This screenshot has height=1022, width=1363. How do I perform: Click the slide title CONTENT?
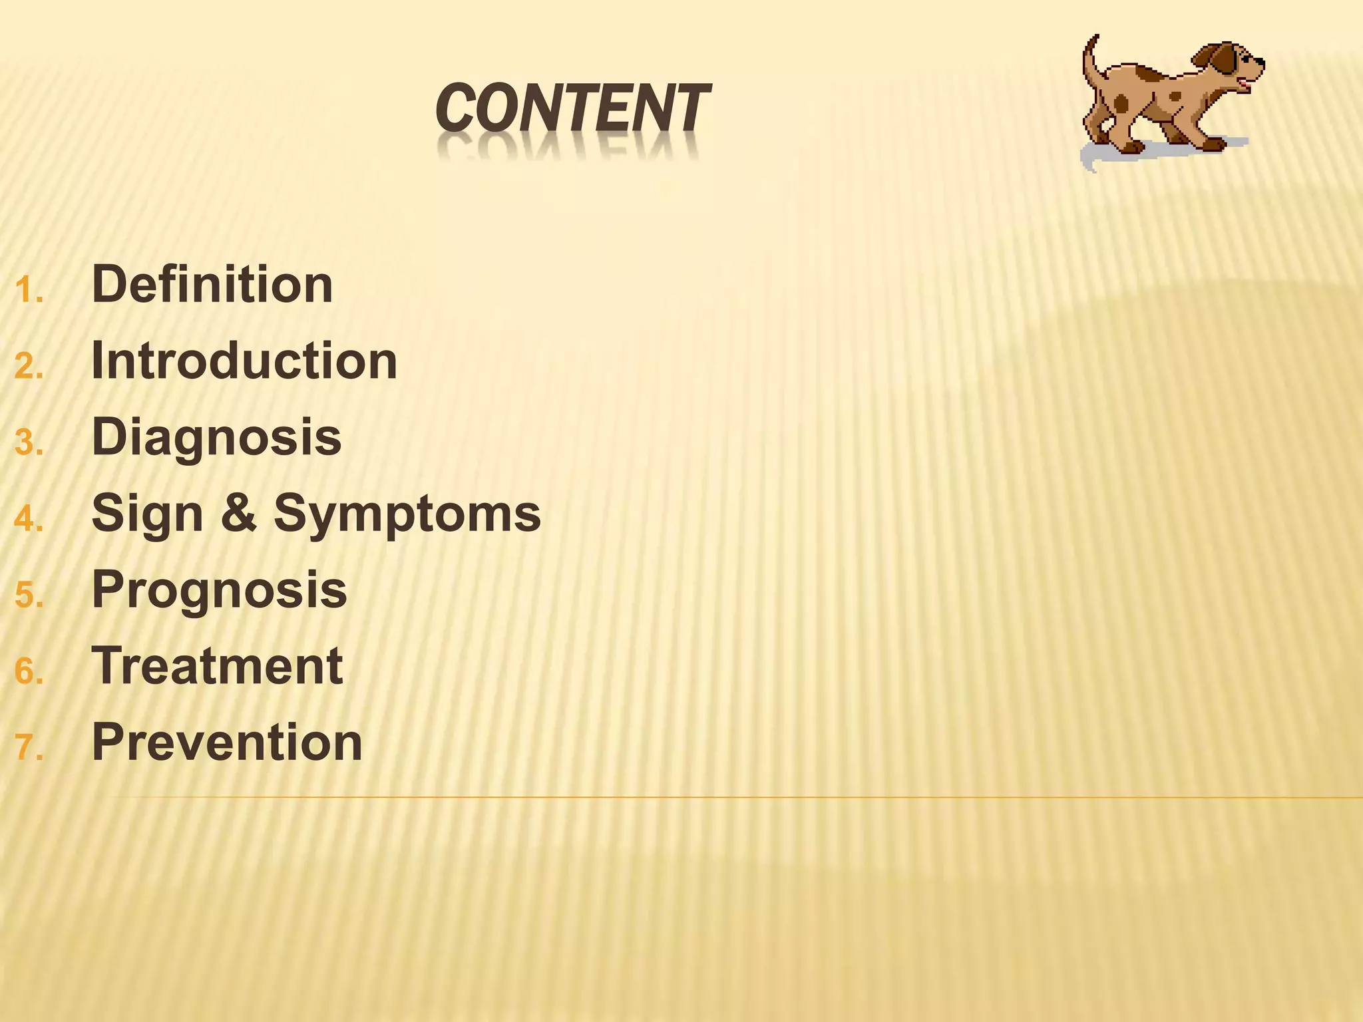[x=572, y=108]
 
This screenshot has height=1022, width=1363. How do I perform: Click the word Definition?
[x=212, y=285]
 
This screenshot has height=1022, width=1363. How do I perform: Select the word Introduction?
[x=244, y=361]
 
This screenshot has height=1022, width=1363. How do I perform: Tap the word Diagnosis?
[x=216, y=438]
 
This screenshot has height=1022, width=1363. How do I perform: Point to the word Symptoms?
[x=407, y=515]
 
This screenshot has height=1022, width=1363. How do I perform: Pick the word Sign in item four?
[x=148, y=515]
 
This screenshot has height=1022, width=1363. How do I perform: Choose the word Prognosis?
[x=219, y=592]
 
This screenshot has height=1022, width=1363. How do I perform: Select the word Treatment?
[x=217, y=666]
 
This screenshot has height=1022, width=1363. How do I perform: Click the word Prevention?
[x=227, y=743]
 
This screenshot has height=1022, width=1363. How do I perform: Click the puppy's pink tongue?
[x=1243, y=85]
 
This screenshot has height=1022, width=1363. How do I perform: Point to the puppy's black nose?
[x=1260, y=62]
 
